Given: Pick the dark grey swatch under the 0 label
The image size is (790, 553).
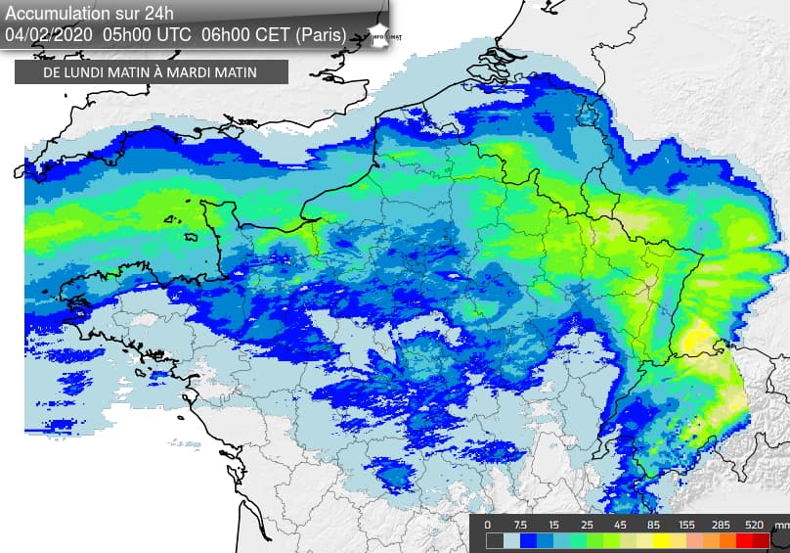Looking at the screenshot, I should pyautogui.click(x=495, y=540).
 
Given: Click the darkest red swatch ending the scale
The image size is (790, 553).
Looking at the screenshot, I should pyautogui.click(x=763, y=540).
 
